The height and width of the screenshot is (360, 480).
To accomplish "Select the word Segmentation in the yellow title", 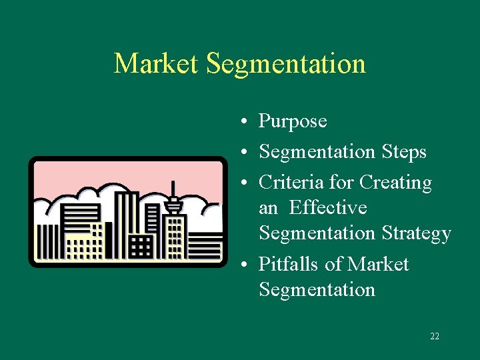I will [286, 64].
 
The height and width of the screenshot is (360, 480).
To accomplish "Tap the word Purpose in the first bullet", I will [293, 121].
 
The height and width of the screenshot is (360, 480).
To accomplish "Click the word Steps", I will [404, 152].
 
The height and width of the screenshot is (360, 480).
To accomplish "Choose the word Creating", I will [395, 182].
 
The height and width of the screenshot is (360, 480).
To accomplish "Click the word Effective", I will [328, 208].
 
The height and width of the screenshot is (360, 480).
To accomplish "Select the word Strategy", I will [417, 233].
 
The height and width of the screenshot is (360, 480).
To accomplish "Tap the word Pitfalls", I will [289, 264].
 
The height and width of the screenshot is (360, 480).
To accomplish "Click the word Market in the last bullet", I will [378, 264].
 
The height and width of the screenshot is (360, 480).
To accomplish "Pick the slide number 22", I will [435, 337].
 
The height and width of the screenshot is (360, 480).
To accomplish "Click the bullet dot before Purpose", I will [246, 122].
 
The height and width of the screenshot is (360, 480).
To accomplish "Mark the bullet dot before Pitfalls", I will [246, 265].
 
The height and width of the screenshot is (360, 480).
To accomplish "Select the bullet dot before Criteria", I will [246, 183].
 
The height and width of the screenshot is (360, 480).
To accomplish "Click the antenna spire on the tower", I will [173, 189].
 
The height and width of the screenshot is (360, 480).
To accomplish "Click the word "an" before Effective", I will [268, 208].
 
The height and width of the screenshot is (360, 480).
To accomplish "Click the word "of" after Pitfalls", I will [333, 264].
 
